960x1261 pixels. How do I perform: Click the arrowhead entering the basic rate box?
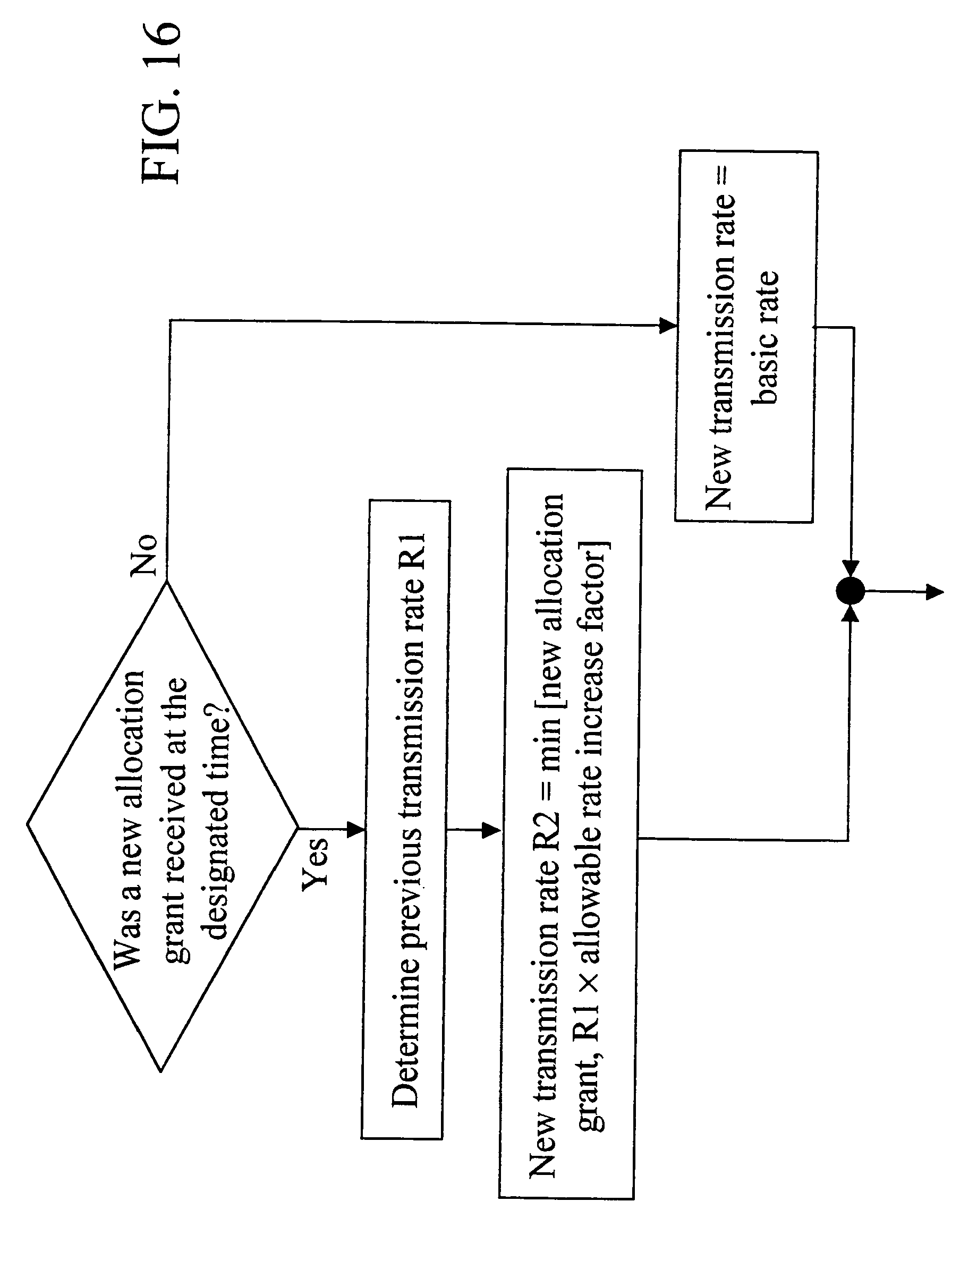[667, 326]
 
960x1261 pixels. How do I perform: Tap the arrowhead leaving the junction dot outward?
[935, 592]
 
